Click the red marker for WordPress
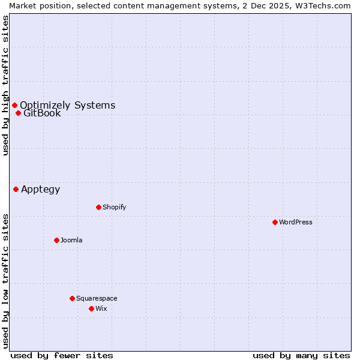pyautogui.click(x=275, y=222)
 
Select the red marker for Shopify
pyautogui.click(x=98, y=207)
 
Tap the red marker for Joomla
pyautogui.click(x=56, y=240)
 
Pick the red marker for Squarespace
pyautogui.click(x=72, y=298)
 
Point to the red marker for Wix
pyautogui.click(x=91, y=308)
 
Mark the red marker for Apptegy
pyautogui.click(x=16, y=189)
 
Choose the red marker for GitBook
pyautogui.click(x=18, y=113)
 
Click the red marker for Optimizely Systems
pyautogui.click(x=14, y=106)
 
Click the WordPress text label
pyautogui.click(x=296, y=222)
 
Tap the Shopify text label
pyautogui.click(x=115, y=207)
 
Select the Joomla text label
pyautogui.click(x=71, y=240)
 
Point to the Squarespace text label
pyautogui.click(x=97, y=298)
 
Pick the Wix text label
pyautogui.click(x=101, y=308)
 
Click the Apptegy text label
pyautogui.click(x=40, y=190)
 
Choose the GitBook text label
pyautogui.click(x=42, y=113)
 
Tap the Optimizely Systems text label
pyautogui.click(x=67, y=106)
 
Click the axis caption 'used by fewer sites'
pyautogui.click(x=62, y=355)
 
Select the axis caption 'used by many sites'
pyautogui.click(x=301, y=355)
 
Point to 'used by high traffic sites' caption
pyautogui.click(x=5, y=85)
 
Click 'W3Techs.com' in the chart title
pyautogui.click(x=323, y=5)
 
